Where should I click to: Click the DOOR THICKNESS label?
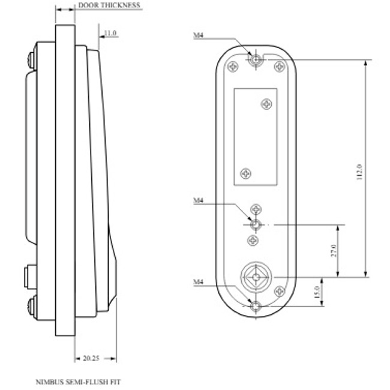109,5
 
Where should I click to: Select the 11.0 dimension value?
110,33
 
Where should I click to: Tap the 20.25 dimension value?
91,358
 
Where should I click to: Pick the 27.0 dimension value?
334,250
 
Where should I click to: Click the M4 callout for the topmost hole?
198,36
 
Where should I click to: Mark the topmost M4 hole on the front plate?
257,60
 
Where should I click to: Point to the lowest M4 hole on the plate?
257,306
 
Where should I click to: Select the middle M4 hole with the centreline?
257,224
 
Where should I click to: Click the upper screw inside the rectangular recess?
267,104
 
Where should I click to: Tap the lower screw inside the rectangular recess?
245,173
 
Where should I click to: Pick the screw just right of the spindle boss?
279,291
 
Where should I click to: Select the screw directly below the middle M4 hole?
253,240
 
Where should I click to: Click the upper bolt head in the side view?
30,60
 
